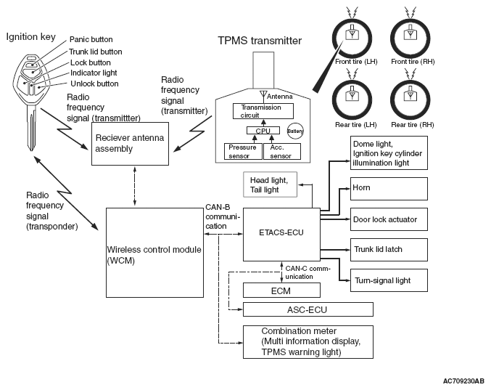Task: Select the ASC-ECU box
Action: coord(308,309)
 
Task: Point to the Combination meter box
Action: coord(302,341)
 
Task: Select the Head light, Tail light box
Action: coord(270,185)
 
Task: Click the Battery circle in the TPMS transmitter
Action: coord(295,131)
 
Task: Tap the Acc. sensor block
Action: coord(276,151)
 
